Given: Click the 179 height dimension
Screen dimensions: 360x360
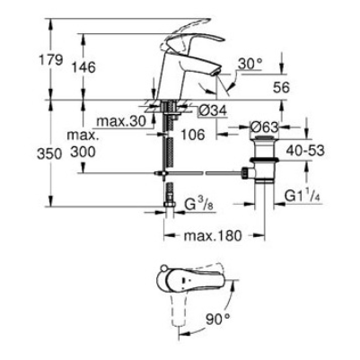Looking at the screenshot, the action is (x=51, y=60).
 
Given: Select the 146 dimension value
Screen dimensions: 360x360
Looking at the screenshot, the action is (x=83, y=67).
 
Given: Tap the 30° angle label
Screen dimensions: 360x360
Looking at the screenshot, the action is (x=250, y=64).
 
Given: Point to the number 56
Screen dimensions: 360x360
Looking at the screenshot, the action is (x=281, y=87).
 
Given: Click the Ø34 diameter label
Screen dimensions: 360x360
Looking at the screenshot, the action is (x=213, y=111).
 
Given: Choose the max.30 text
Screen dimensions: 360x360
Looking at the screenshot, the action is (x=121, y=121).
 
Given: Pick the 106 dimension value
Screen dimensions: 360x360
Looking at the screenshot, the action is (x=193, y=135).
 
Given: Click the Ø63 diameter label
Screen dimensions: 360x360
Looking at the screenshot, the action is (x=265, y=127).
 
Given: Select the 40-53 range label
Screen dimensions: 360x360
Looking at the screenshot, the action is (x=305, y=151).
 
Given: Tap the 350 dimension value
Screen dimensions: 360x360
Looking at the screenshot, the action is (x=49, y=154).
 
